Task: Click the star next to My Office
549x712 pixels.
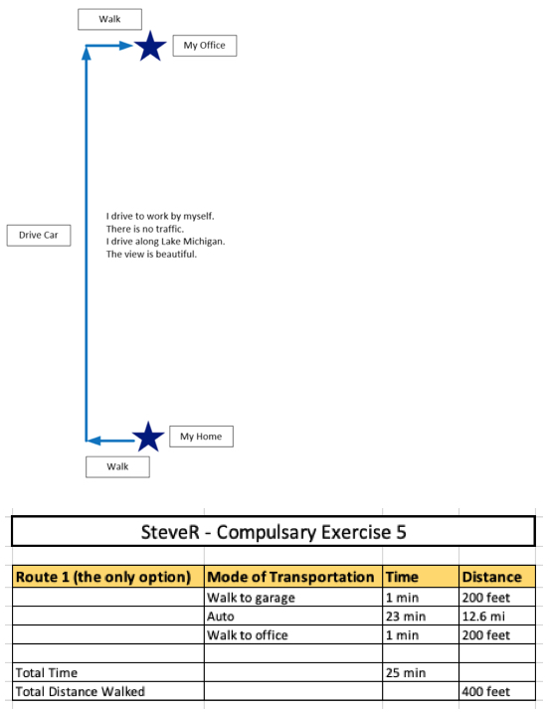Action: pyautogui.click(x=150, y=46)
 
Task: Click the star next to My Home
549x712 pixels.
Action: pyautogui.click(x=148, y=437)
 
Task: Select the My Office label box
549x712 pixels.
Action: pyautogui.click(x=205, y=46)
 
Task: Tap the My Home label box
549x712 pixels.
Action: pyautogui.click(x=201, y=437)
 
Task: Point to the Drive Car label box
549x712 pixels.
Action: pyautogui.click(x=39, y=236)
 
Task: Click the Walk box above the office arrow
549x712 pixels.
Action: pyautogui.click(x=109, y=19)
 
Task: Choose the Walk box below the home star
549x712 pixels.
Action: pyautogui.click(x=117, y=466)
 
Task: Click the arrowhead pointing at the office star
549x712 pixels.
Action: pyautogui.click(x=125, y=45)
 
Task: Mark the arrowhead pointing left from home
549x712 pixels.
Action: pyautogui.click(x=93, y=441)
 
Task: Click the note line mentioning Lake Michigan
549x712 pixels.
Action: pyautogui.click(x=165, y=241)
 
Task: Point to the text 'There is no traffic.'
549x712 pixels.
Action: pyautogui.click(x=145, y=229)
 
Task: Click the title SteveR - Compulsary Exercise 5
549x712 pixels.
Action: pyautogui.click(x=274, y=532)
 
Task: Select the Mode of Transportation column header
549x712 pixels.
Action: pyautogui.click(x=290, y=577)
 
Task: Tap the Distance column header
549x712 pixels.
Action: pyautogui.click(x=491, y=577)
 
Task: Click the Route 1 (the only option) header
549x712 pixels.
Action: pyautogui.click(x=103, y=577)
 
